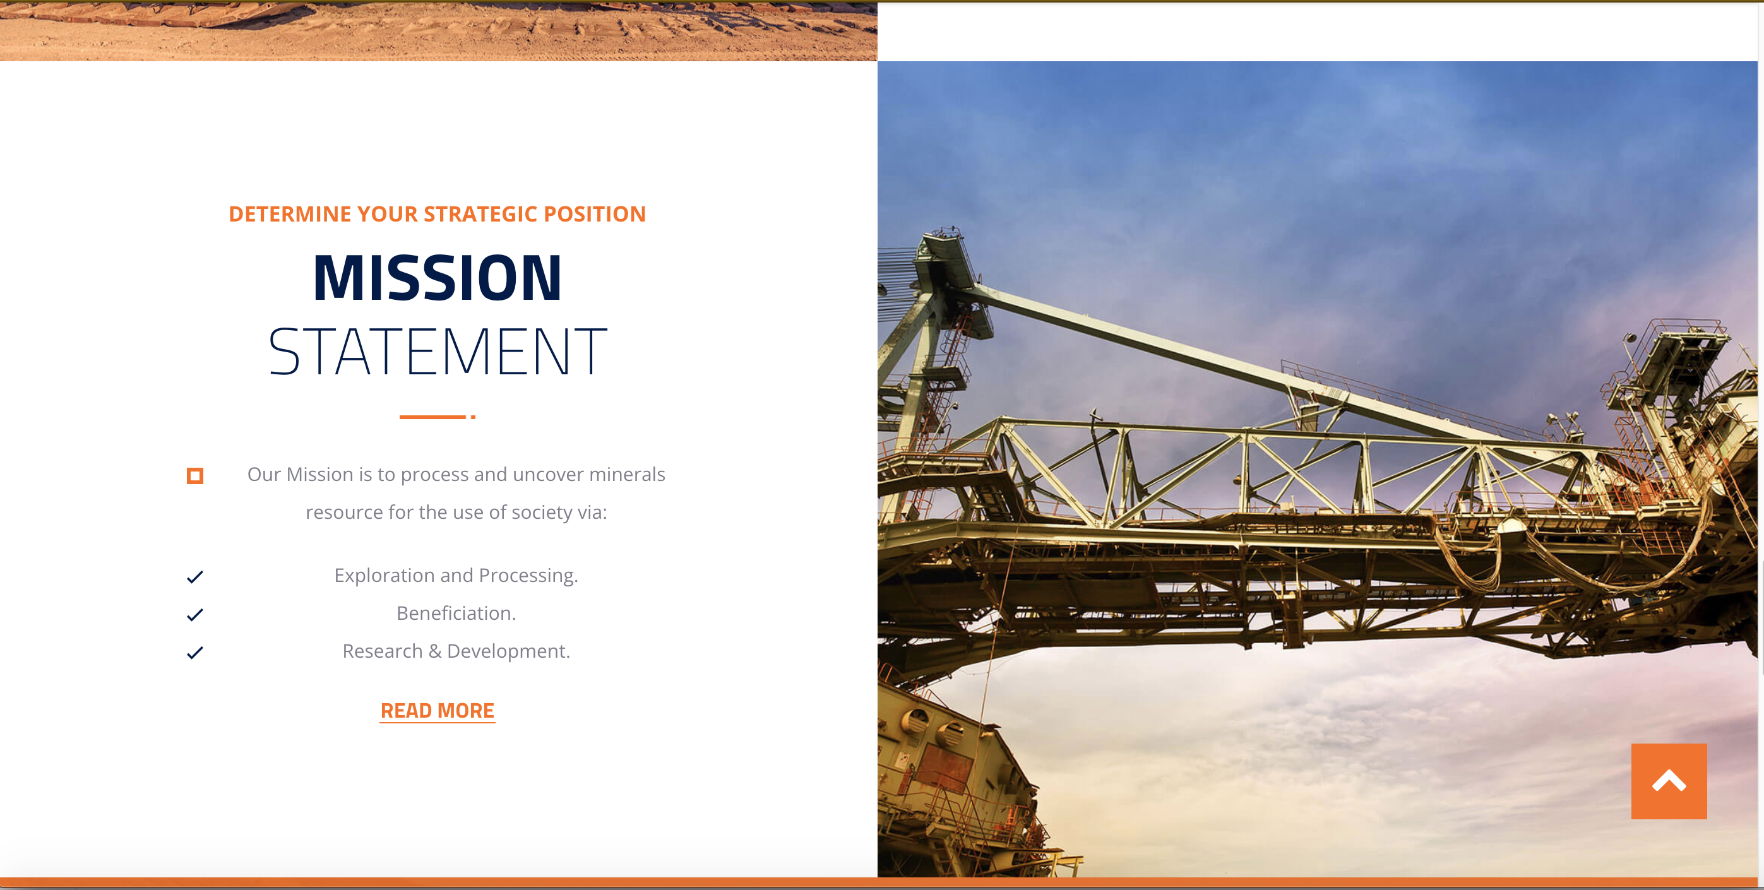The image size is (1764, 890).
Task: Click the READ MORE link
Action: click(x=438, y=711)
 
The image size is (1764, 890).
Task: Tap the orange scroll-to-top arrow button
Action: click(x=1669, y=781)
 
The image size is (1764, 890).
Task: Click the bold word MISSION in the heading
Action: click(x=438, y=277)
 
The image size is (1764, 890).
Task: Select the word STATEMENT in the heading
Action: click(x=438, y=352)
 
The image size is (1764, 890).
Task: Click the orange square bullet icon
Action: click(x=195, y=476)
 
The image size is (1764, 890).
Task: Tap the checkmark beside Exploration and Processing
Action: click(x=195, y=577)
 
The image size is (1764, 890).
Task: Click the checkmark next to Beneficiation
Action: click(x=195, y=615)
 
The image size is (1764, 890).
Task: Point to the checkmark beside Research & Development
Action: click(x=195, y=653)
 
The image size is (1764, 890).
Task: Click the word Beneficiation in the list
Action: click(x=455, y=613)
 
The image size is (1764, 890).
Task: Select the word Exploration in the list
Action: click(x=384, y=575)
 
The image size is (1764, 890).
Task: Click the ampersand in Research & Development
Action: click(x=435, y=651)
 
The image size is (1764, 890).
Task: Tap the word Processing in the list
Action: click(x=528, y=575)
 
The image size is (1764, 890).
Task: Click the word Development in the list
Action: click(x=508, y=651)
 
